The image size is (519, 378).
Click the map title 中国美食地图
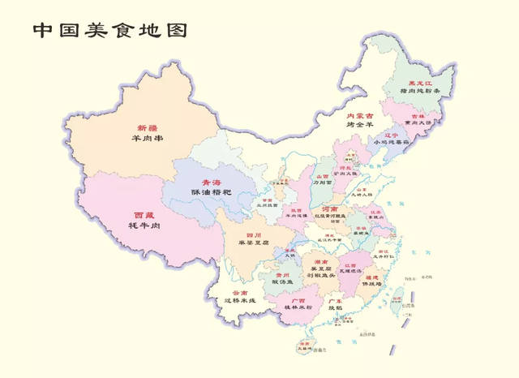click(x=110, y=31)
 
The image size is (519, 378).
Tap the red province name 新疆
click(x=147, y=128)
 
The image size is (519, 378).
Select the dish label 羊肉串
click(x=147, y=139)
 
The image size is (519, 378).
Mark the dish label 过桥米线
click(x=240, y=301)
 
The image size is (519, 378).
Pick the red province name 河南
click(x=341, y=208)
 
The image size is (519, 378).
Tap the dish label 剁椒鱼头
click(x=320, y=275)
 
